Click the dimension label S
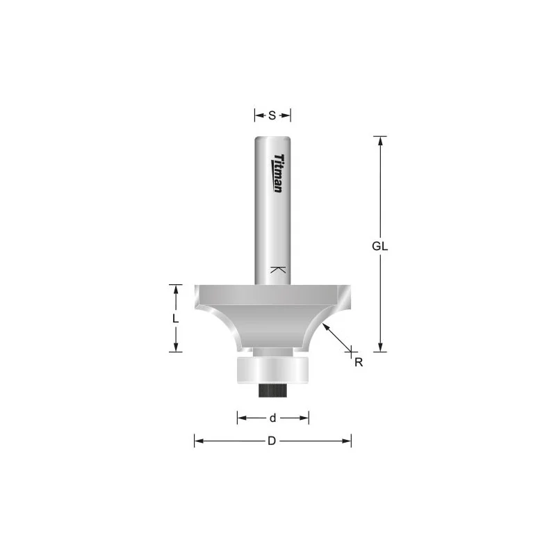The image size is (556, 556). click(272, 115)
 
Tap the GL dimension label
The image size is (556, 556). click(379, 246)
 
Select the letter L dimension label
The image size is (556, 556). click(175, 319)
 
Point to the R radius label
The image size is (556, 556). click(359, 362)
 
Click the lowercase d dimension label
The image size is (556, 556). click(272, 418)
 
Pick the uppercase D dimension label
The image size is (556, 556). click(272, 441)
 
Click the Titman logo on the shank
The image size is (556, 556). click(278, 173)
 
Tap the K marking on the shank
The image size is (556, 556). click(278, 270)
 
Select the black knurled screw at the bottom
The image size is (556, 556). click(272, 391)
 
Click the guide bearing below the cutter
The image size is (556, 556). click(272, 370)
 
